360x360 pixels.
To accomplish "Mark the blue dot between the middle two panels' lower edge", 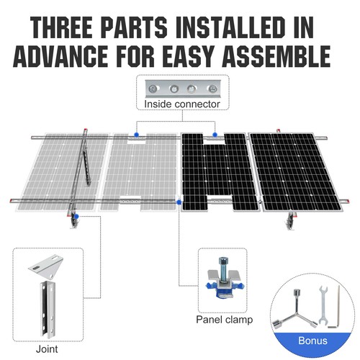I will pos(179,204).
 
